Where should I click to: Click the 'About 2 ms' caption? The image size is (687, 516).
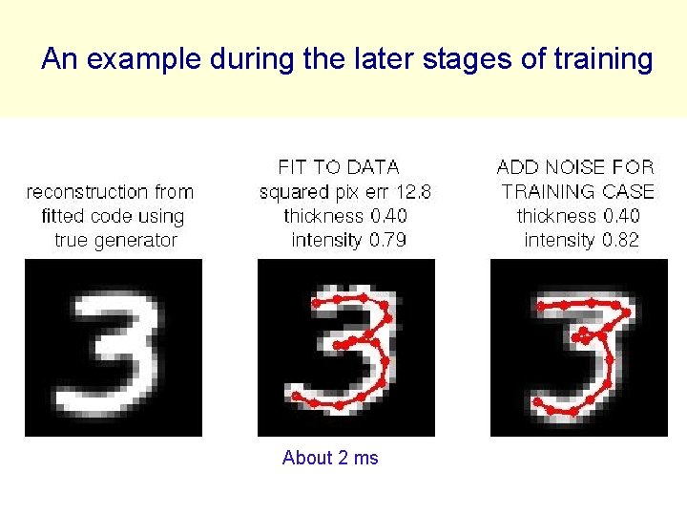[330, 458]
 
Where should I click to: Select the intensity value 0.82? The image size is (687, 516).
[620, 240]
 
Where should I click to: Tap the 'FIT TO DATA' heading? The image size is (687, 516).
[338, 168]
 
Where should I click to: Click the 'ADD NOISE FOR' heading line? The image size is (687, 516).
[575, 168]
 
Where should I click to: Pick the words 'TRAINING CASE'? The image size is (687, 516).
[578, 192]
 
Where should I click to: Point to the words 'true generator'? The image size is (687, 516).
[115, 240]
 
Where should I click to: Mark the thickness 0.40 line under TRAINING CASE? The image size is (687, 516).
[577, 216]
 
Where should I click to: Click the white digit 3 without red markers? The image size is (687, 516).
[113, 349]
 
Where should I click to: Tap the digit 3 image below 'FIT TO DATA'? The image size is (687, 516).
[346, 349]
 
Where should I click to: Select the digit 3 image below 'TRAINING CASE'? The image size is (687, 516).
[579, 349]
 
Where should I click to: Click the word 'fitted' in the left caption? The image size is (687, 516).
[63, 216]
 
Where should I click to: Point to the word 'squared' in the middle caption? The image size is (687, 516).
[290, 192]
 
